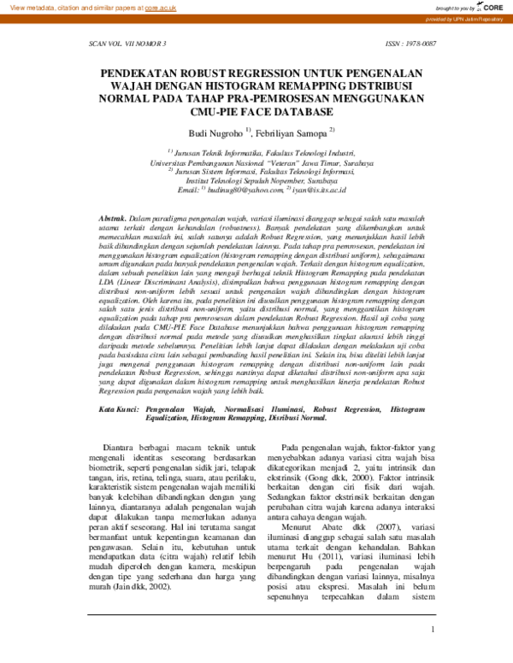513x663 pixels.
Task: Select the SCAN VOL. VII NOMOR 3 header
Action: coord(128,42)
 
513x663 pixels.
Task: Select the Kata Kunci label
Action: coord(119,410)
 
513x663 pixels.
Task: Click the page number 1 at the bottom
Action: coord(433,631)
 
